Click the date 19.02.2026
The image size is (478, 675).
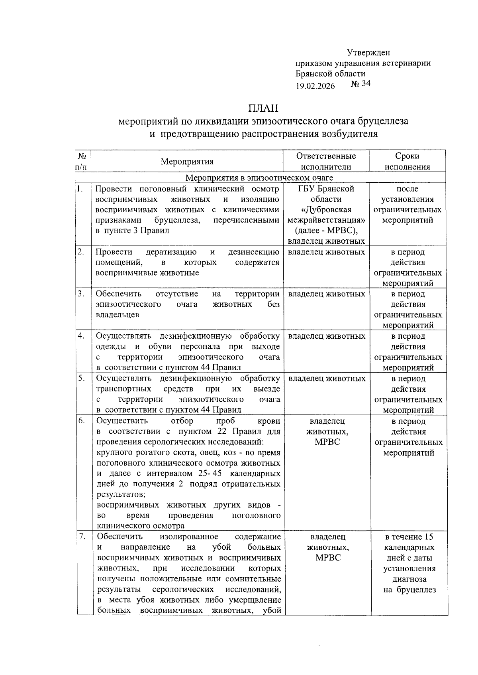coord(315,86)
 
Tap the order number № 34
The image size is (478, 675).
coord(360,84)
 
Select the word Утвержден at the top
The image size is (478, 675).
coord(368,53)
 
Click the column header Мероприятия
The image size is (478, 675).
coord(187,162)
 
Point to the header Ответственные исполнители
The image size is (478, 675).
coord(326,161)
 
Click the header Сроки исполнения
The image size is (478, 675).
coord(407,161)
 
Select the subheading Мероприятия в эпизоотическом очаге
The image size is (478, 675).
coord(260,178)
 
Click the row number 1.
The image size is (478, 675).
coord(80,189)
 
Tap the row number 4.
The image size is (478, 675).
coord(81,336)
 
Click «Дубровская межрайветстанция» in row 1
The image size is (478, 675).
coord(326,215)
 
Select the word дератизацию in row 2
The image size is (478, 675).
coord(171,252)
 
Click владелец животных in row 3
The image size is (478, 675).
coord(326,294)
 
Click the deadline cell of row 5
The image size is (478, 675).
coord(408,394)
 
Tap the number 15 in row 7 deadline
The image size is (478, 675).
coord(429,537)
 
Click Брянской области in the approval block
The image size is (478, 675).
coord(330,74)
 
